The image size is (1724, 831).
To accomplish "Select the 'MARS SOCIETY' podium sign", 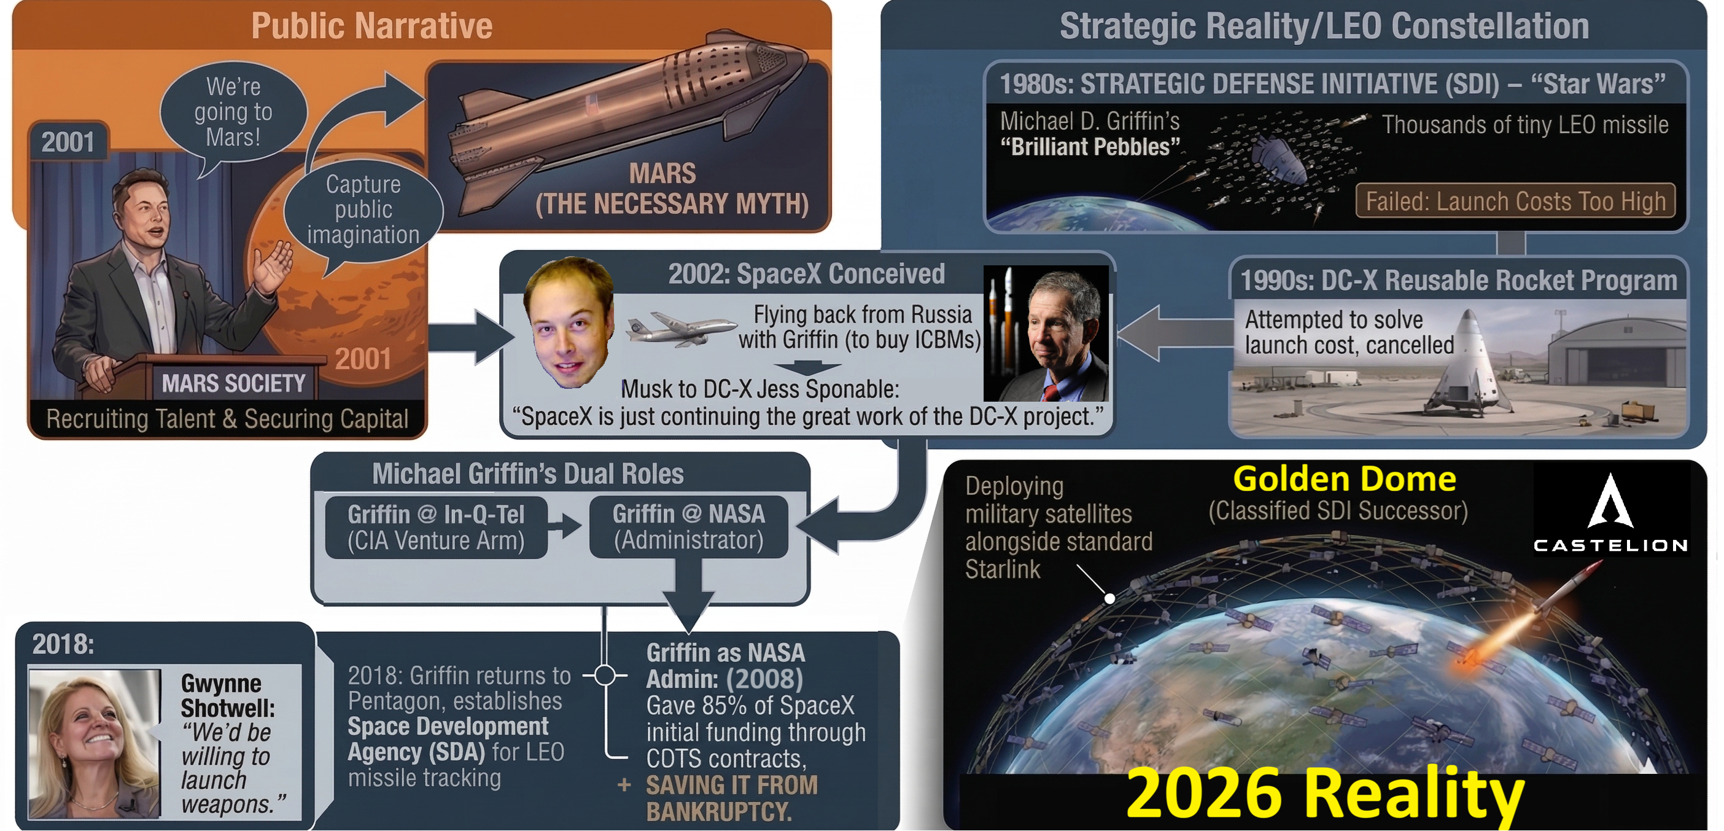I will pyautogui.click(x=233, y=384).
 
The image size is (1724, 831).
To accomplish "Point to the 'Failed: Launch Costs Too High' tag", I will pyautogui.click(x=1515, y=201).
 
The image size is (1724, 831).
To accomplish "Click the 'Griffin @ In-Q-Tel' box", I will pyautogui.click(x=436, y=528).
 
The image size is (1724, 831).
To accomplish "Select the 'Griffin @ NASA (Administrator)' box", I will pyautogui.click(x=688, y=527).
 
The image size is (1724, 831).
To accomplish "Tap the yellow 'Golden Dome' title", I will pyautogui.click(x=1344, y=480).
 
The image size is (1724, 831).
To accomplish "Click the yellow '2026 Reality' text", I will pyautogui.click(x=1325, y=794).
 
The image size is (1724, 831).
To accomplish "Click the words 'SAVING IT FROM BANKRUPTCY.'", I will pyautogui.click(x=731, y=798).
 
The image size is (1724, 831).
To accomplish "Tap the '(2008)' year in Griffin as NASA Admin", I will pyautogui.click(x=764, y=679).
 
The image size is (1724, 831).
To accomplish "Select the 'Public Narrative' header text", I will pyautogui.click(x=371, y=26).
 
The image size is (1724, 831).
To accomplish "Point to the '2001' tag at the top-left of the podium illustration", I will pyautogui.click(x=68, y=142).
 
